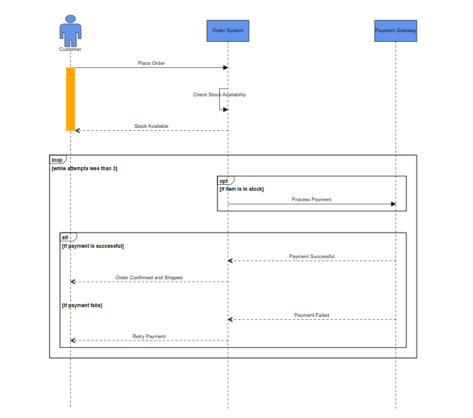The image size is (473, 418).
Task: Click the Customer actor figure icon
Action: point(70,30)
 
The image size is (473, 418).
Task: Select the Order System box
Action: point(228,31)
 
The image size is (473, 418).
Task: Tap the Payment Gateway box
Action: point(395,31)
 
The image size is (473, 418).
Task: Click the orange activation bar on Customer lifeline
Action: point(70,99)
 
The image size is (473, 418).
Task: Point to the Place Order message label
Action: point(151,63)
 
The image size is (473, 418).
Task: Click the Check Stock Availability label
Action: point(219,95)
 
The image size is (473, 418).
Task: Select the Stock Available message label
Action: point(151,127)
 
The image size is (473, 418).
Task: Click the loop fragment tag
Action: point(57,160)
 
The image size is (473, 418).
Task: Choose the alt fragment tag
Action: point(67,237)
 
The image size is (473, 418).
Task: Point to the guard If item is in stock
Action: point(241,189)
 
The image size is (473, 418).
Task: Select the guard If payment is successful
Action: point(93,246)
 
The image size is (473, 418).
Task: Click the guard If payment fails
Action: point(82,305)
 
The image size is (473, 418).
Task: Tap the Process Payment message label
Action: point(311,199)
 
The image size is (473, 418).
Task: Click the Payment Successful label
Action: point(311,256)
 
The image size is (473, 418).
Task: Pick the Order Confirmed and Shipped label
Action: point(149,277)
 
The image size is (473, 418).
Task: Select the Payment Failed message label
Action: point(311,315)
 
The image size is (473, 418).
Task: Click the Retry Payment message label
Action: point(149,336)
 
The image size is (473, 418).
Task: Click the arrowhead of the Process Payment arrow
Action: point(393,204)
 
